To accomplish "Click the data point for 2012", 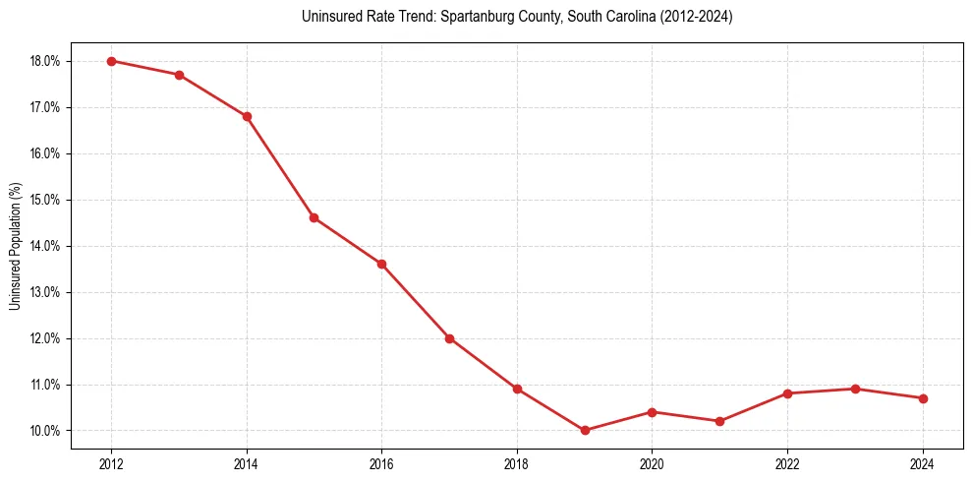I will click(x=111, y=61).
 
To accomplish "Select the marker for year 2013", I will click(x=179, y=75).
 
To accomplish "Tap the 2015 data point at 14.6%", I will click(x=314, y=217).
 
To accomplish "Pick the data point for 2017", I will click(x=449, y=338).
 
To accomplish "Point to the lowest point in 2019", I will click(x=585, y=430).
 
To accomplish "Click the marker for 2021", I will click(x=719, y=421).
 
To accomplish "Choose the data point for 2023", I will click(x=855, y=389).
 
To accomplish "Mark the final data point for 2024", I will click(x=923, y=398).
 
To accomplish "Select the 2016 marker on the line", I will click(x=381, y=264).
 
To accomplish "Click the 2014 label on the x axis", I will click(x=247, y=463).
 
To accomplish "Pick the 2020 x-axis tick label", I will click(x=652, y=463).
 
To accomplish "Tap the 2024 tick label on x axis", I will click(x=923, y=463).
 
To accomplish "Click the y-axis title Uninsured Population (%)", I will click(x=15, y=246).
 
